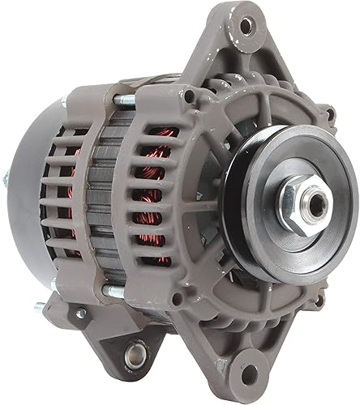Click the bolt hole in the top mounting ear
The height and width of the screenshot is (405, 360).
click(x=244, y=25)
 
